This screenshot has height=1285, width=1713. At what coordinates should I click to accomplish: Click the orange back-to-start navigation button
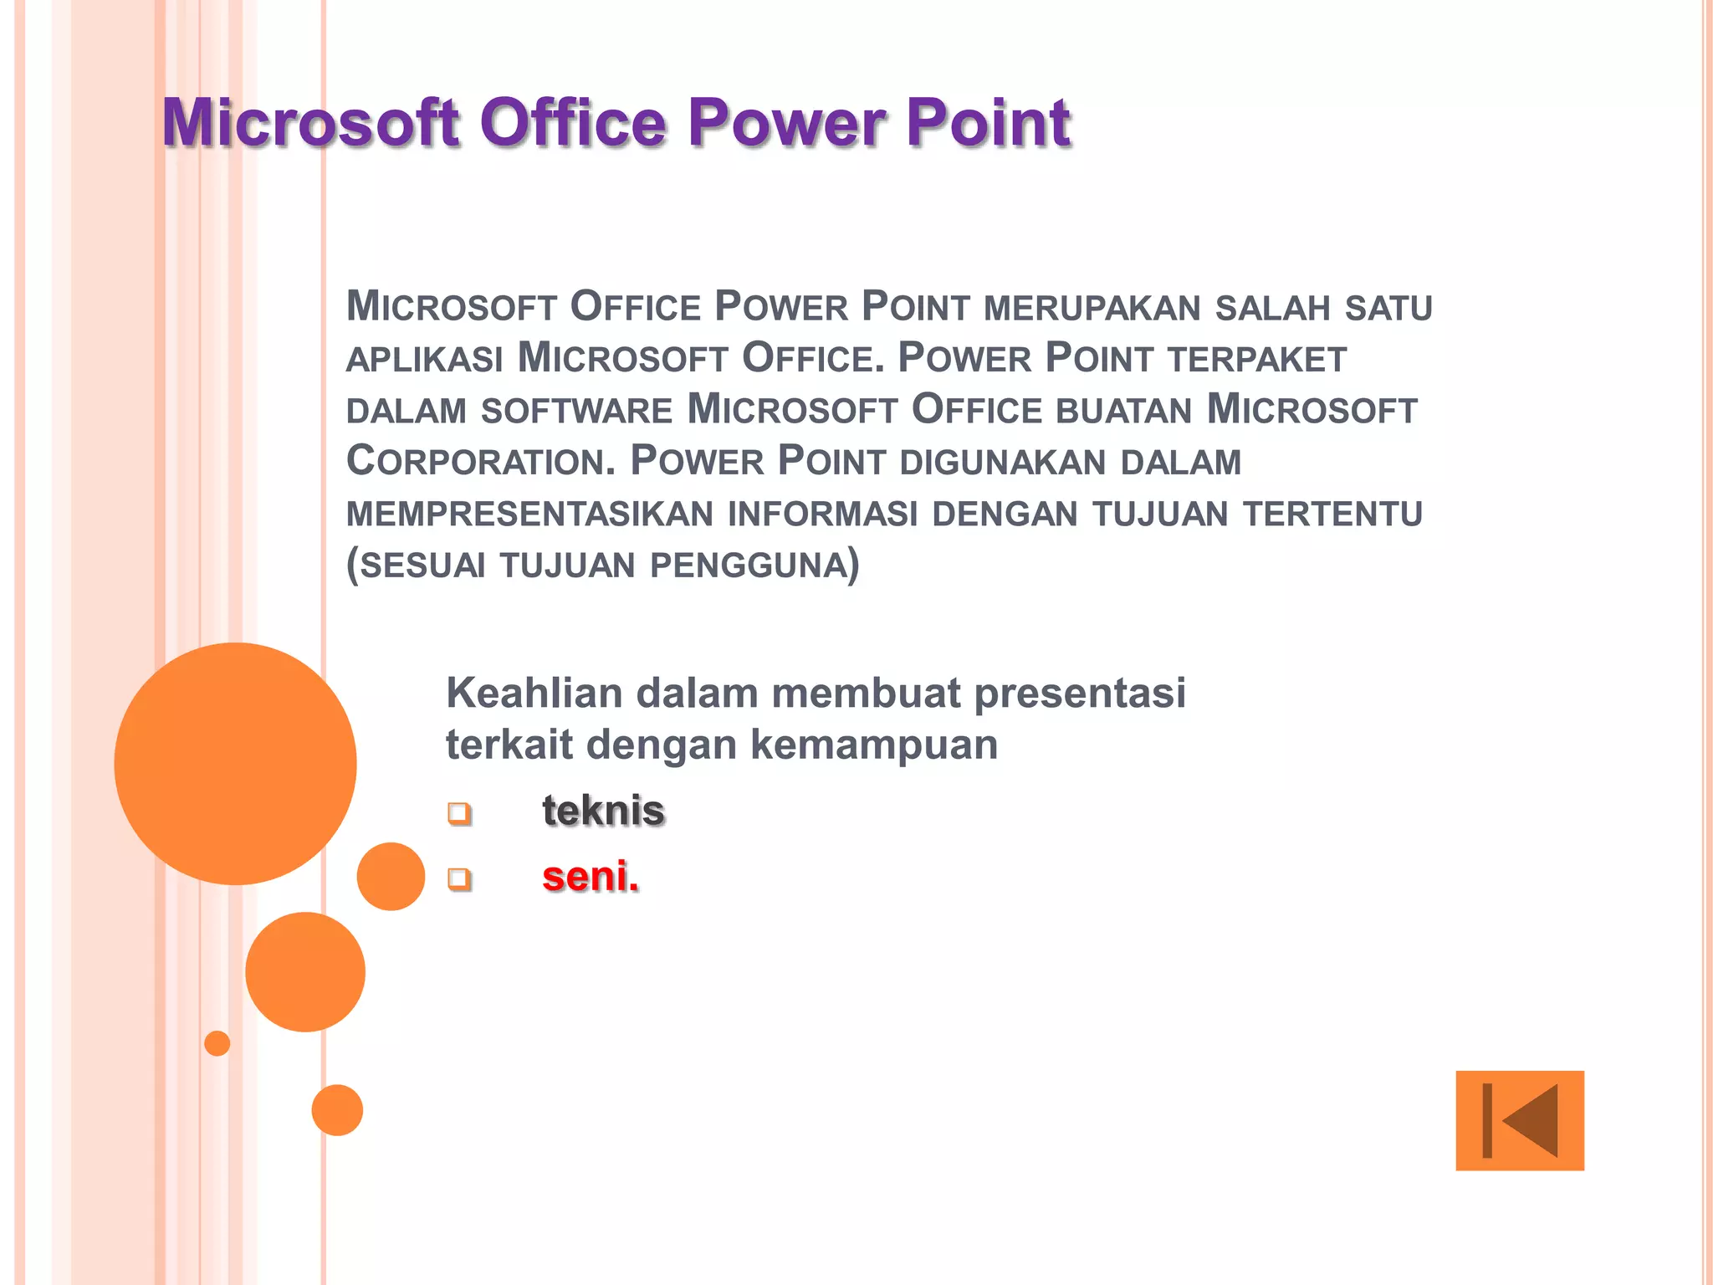coord(1519,1120)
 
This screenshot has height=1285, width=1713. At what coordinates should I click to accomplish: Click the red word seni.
coord(590,877)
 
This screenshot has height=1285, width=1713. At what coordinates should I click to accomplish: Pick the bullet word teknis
coord(603,811)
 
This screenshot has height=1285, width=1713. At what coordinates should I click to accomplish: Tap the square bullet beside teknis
coord(459,812)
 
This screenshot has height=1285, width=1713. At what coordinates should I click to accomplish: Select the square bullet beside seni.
coord(459,878)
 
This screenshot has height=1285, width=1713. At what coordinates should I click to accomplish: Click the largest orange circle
coord(235,763)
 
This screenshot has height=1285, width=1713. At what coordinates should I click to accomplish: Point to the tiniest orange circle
coord(217,1043)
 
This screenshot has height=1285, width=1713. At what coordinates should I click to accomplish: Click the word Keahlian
coord(534,694)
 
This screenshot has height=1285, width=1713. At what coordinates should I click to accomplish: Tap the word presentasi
coord(1080,694)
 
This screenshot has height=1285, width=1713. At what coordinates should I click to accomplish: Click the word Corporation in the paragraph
coord(480,461)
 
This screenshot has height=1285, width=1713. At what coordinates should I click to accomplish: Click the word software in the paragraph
coord(576,411)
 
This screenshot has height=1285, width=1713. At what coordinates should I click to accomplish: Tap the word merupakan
coord(1092,308)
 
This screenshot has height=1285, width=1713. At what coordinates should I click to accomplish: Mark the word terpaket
coord(1257,360)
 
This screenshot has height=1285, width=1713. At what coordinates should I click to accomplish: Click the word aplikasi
coord(424,360)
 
